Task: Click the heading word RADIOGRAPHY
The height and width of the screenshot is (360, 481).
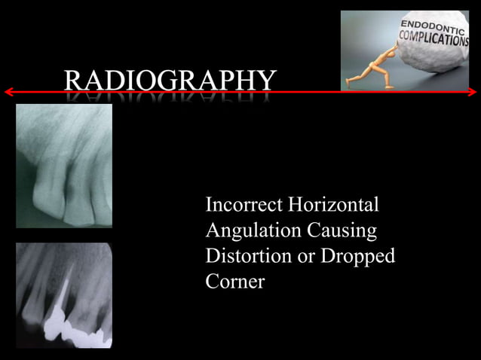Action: pos(170,80)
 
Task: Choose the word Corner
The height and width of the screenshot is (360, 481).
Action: pos(234,282)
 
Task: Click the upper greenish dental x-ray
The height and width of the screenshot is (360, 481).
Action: pos(63,166)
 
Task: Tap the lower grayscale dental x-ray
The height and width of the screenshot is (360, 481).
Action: pos(63,294)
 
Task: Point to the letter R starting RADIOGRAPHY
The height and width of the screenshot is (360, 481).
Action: pos(74,80)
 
